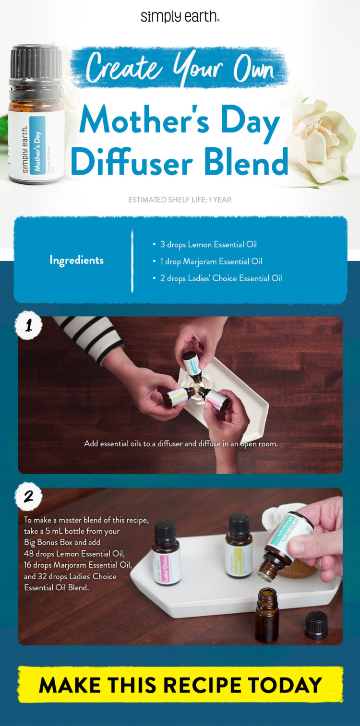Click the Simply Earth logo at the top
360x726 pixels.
pos(180,17)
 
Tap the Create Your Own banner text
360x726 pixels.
pos(180,68)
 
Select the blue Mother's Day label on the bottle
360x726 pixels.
pos(37,144)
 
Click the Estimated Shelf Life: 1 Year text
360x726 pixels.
pos(180,199)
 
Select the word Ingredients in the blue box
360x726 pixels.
pos(76,260)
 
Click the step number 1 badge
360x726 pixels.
pos(29,326)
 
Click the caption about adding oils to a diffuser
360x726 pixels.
pos(181,444)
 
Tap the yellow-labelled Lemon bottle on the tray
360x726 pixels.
pos(239,547)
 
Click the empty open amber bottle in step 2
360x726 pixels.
pos(266,615)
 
